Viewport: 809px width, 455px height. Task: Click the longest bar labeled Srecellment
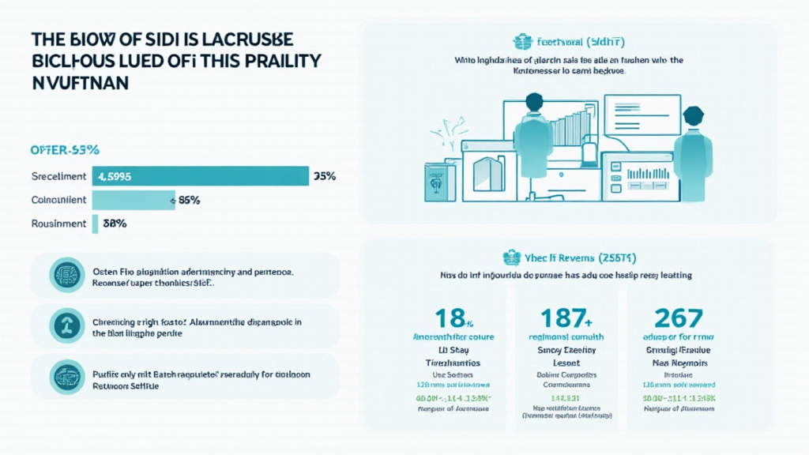pyautogui.click(x=201, y=176)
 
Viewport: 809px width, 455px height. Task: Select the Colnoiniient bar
pyautogui.click(x=134, y=200)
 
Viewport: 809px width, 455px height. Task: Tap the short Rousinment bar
pyautogui.click(x=96, y=224)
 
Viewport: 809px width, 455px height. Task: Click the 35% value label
pyautogui.click(x=325, y=176)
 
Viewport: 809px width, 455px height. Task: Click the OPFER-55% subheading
pyautogui.click(x=63, y=149)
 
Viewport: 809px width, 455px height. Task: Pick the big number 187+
pyautogui.click(x=566, y=318)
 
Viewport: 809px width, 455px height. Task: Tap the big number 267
pyautogui.click(x=678, y=318)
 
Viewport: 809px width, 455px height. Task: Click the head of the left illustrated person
pyautogui.click(x=534, y=103)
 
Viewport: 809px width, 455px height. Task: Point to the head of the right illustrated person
pyautogui.click(x=693, y=115)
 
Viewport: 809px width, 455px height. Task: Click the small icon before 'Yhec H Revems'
pyautogui.click(x=510, y=257)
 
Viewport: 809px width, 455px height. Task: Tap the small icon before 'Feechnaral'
pyautogui.click(x=520, y=42)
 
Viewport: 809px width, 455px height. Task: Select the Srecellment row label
pyautogui.click(x=58, y=176)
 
